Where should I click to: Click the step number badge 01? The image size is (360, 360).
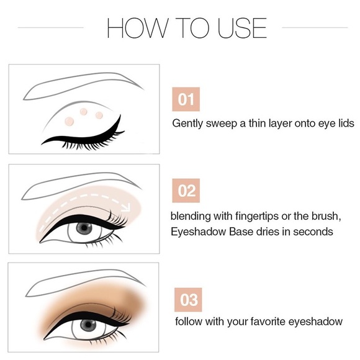coord(187,99)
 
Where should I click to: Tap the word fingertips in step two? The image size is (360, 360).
coord(252,215)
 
